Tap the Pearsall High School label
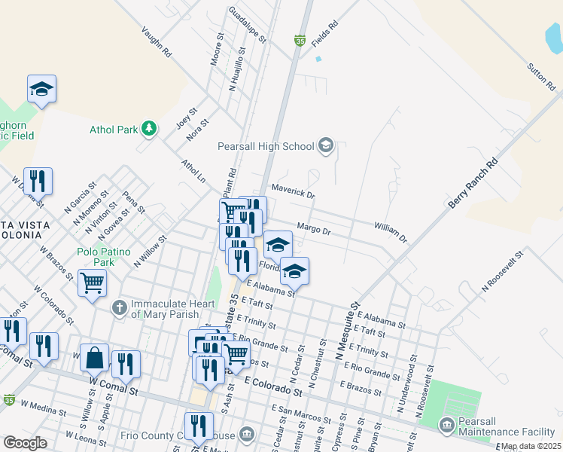pos(265,146)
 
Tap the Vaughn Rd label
pos(157,44)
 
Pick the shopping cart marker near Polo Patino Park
pos(92,284)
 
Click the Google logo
pos(25,443)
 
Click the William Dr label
pos(390,231)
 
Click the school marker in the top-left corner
pos(42,89)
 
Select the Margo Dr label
pos(314,228)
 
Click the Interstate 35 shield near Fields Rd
pos(300,40)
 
